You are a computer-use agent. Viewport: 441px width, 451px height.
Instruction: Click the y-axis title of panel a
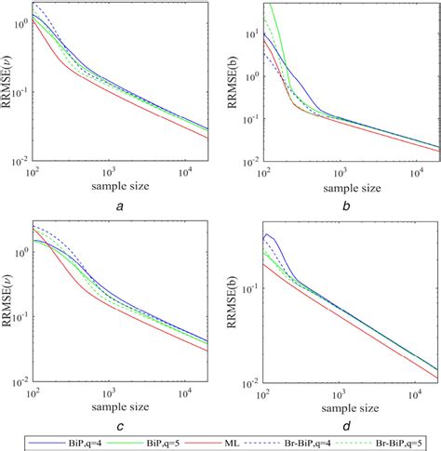(8, 84)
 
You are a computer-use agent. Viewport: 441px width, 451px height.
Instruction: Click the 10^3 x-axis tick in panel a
(110, 172)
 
